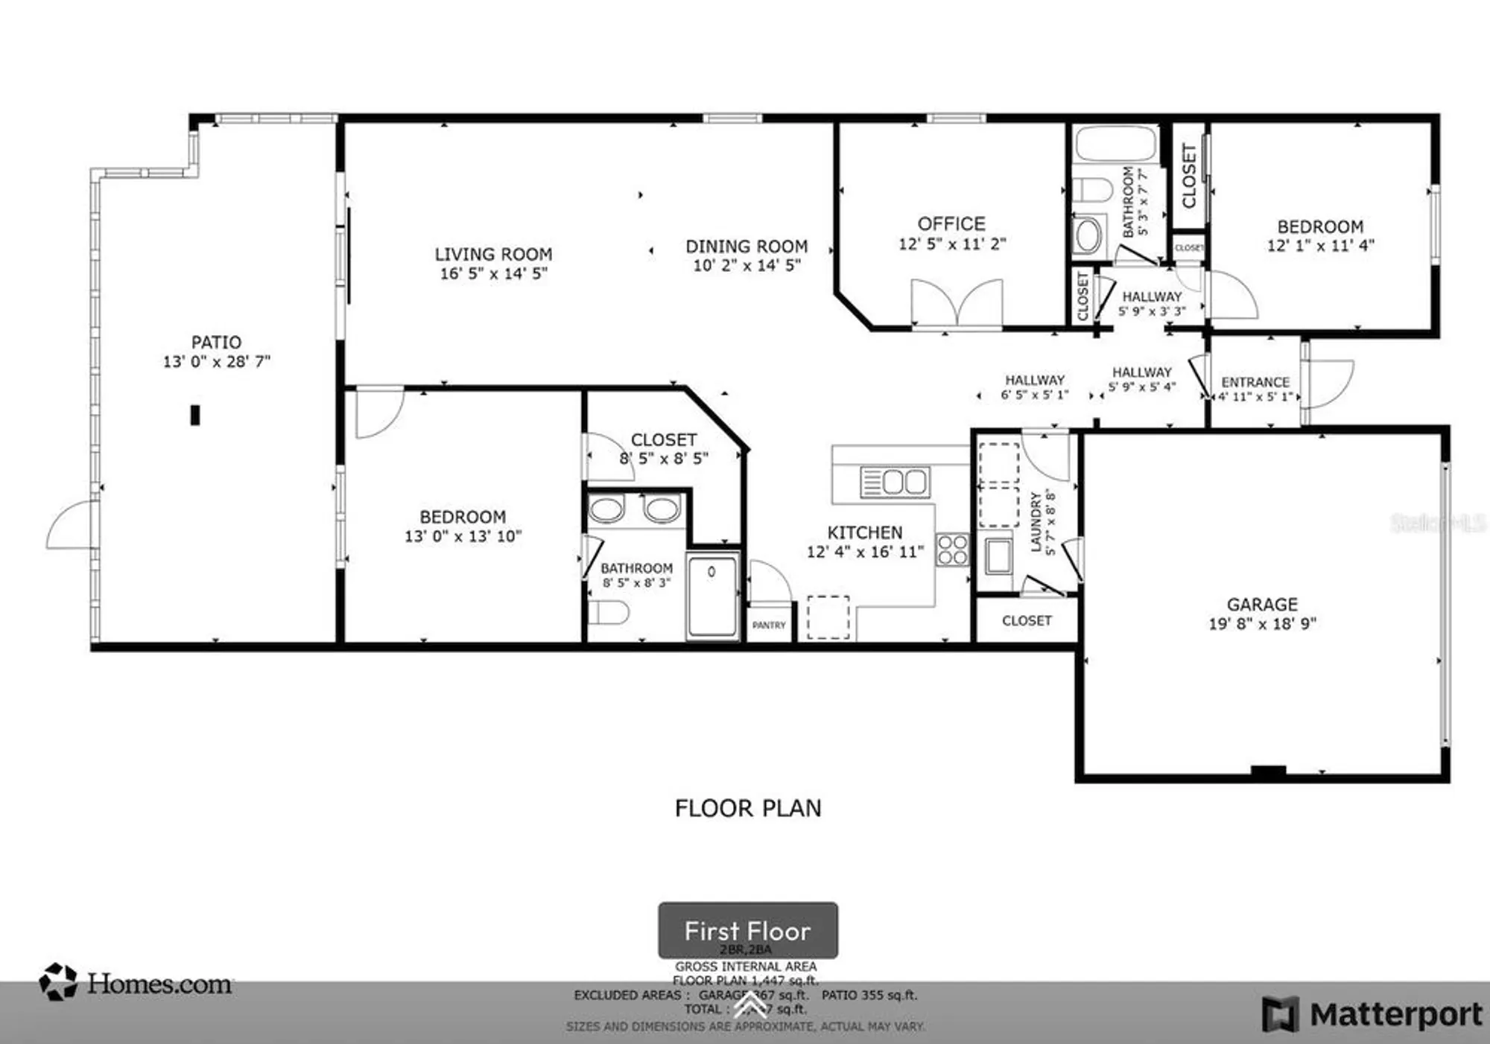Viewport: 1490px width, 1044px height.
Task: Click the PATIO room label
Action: click(x=216, y=343)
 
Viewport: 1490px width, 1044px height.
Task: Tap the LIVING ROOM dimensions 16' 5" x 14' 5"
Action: click(x=493, y=274)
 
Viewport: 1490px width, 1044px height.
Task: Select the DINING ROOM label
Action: click(x=746, y=246)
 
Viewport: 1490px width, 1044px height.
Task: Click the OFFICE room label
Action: click(x=951, y=223)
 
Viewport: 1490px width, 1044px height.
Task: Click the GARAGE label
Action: click(x=1262, y=605)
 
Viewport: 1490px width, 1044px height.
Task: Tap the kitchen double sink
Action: click(x=895, y=483)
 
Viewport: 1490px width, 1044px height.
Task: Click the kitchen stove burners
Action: click(x=953, y=550)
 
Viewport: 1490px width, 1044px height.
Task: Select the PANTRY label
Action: click(x=769, y=626)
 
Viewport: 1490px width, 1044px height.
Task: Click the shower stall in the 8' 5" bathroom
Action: click(x=712, y=595)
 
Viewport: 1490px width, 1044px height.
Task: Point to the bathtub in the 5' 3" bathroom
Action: click(x=1115, y=144)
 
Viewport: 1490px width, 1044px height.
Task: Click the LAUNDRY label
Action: click(x=1036, y=521)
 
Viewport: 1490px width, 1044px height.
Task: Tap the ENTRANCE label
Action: click(x=1255, y=382)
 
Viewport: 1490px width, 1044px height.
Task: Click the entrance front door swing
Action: click(x=1331, y=383)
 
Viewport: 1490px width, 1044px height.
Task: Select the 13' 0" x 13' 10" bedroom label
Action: click(x=463, y=517)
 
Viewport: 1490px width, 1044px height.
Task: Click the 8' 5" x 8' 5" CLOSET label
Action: click(x=664, y=440)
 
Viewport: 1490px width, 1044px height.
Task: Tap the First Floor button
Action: click(x=747, y=931)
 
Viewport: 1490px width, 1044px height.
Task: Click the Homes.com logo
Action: click(x=136, y=983)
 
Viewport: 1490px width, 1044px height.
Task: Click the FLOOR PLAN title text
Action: click(x=747, y=809)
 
